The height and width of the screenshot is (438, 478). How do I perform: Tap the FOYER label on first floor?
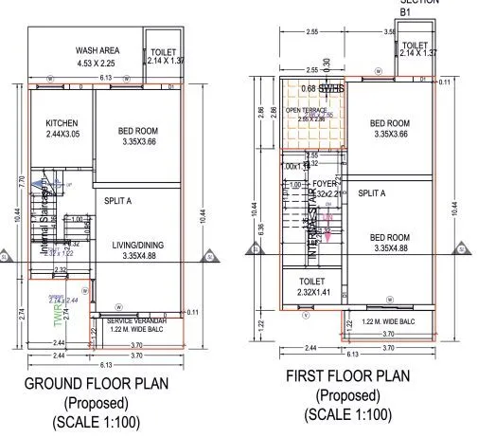pos(325,184)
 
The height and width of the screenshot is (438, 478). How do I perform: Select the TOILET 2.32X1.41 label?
pos(310,282)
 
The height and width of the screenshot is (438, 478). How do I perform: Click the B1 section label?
pos(405,13)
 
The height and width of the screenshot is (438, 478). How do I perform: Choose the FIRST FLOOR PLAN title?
pos(347,376)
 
